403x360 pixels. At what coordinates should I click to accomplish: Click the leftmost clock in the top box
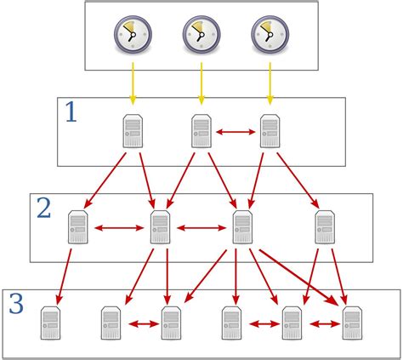pos(132,34)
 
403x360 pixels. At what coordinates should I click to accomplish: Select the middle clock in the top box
pos(201,34)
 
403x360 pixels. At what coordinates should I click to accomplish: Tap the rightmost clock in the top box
pos(270,34)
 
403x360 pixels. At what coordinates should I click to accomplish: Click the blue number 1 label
pos(71,112)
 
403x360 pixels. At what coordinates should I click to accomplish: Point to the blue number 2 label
pos(43,207)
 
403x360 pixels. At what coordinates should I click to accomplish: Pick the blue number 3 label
pos(16,304)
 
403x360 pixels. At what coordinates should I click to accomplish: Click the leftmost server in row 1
pos(132,132)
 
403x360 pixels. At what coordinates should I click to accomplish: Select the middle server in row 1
pos(201,132)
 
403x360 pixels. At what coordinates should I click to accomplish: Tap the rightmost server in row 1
pos(270,132)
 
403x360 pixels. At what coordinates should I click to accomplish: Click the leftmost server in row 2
pos(78,228)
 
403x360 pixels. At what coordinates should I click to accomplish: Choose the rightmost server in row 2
pos(325,228)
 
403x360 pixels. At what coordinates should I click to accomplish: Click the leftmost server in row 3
pos(51,324)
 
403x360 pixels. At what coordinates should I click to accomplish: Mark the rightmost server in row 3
pos(352,324)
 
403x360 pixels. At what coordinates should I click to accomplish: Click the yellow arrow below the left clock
pos(132,85)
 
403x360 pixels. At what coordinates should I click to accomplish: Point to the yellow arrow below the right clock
pos(270,85)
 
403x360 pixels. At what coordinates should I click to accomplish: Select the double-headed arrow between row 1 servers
pos(235,132)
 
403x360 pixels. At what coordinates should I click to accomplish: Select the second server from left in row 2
pos(160,228)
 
